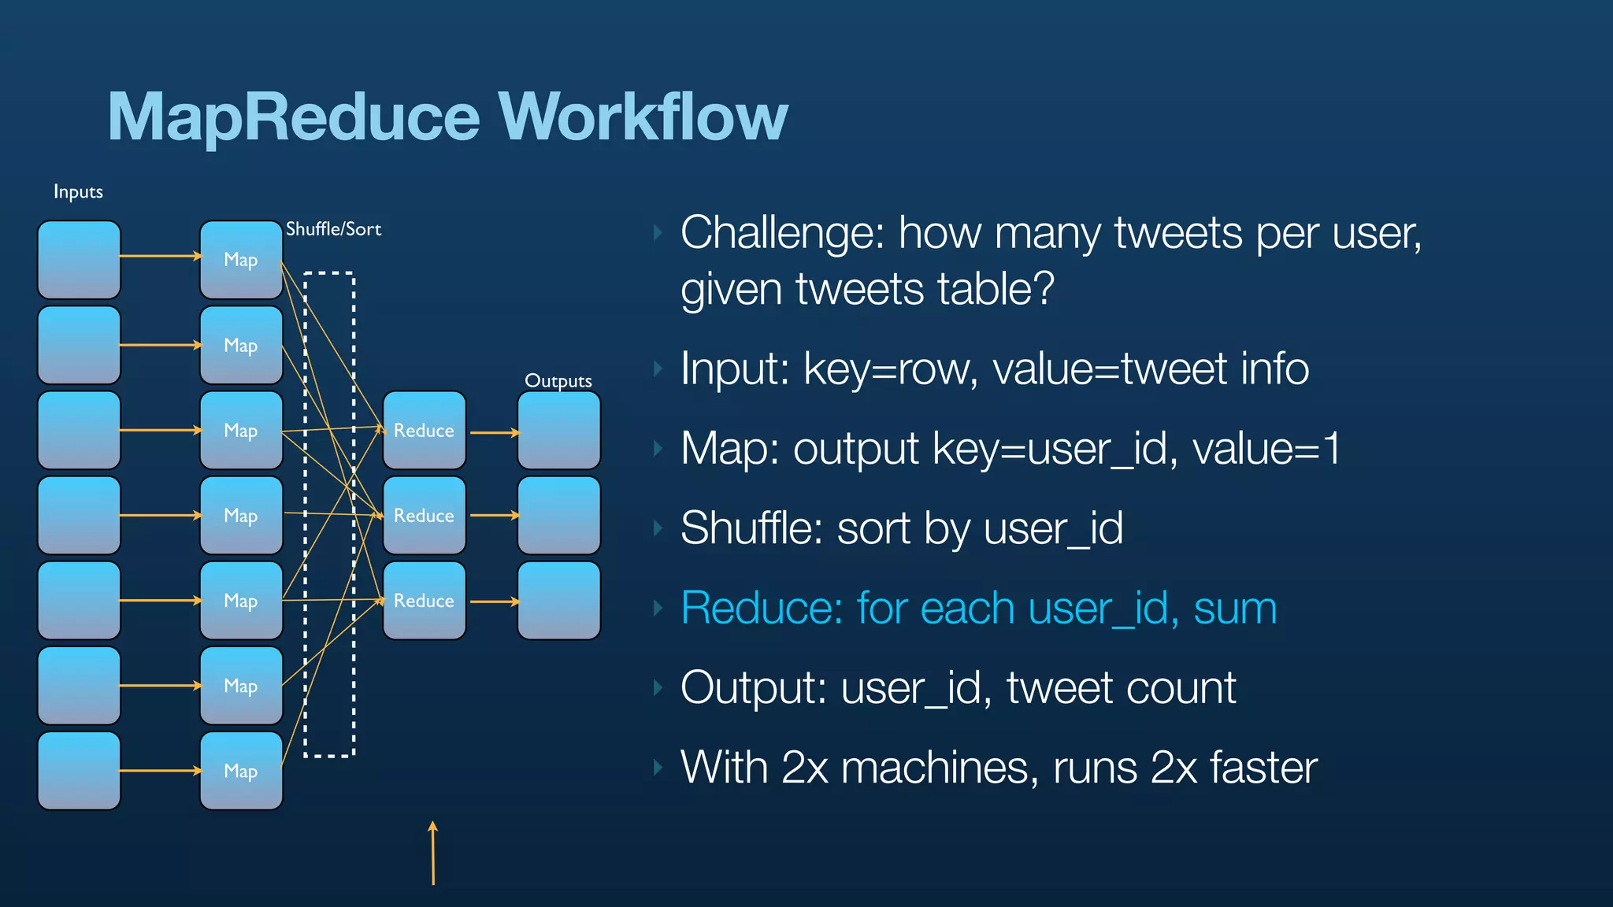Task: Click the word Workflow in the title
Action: pyautogui.click(x=643, y=117)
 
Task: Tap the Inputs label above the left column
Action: pyautogui.click(x=78, y=191)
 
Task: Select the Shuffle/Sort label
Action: pyautogui.click(x=333, y=229)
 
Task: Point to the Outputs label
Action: pyautogui.click(x=558, y=380)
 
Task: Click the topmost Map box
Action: pyautogui.click(x=241, y=259)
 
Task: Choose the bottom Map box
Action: pyautogui.click(x=241, y=771)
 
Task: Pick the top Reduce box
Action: pyautogui.click(x=424, y=430)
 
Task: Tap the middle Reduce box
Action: pyautogui.click(x=424, y=515)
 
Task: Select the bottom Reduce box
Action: pyautogui.click(x=424, y=600)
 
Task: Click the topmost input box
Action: pyautogui.click(x=79, y=259)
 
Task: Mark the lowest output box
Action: pyautogui.click(x=558, y=600)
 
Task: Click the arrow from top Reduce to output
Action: pyautogui.click(x=495, y=432)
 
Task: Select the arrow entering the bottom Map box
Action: pyautogui.click(x=161, y=771)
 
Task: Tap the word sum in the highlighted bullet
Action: pyautogui.click(x=1234, y=609)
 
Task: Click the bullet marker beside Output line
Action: pyautogui.click(x=658, y=688)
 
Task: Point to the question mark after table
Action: pyautogui.click(x=1042, y=289)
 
